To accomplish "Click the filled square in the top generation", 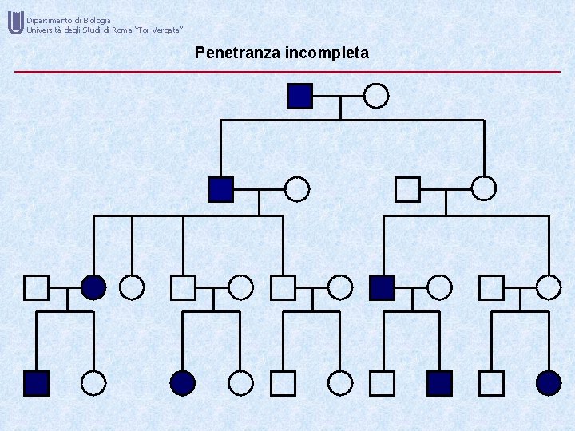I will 299,96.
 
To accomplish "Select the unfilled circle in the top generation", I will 376,96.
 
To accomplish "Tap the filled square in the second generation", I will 220,189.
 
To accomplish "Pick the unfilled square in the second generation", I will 407,189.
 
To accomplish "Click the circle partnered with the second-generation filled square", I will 297,189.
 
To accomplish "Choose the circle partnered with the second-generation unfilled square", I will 483,188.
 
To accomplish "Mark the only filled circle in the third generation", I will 93,287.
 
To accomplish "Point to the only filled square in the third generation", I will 383,287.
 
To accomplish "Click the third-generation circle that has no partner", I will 132,287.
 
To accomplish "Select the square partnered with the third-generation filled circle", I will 37,287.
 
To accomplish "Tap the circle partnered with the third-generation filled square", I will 438,287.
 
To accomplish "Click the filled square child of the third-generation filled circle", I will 37,383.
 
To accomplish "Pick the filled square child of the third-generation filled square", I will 439,383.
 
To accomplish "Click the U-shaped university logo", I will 15,23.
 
